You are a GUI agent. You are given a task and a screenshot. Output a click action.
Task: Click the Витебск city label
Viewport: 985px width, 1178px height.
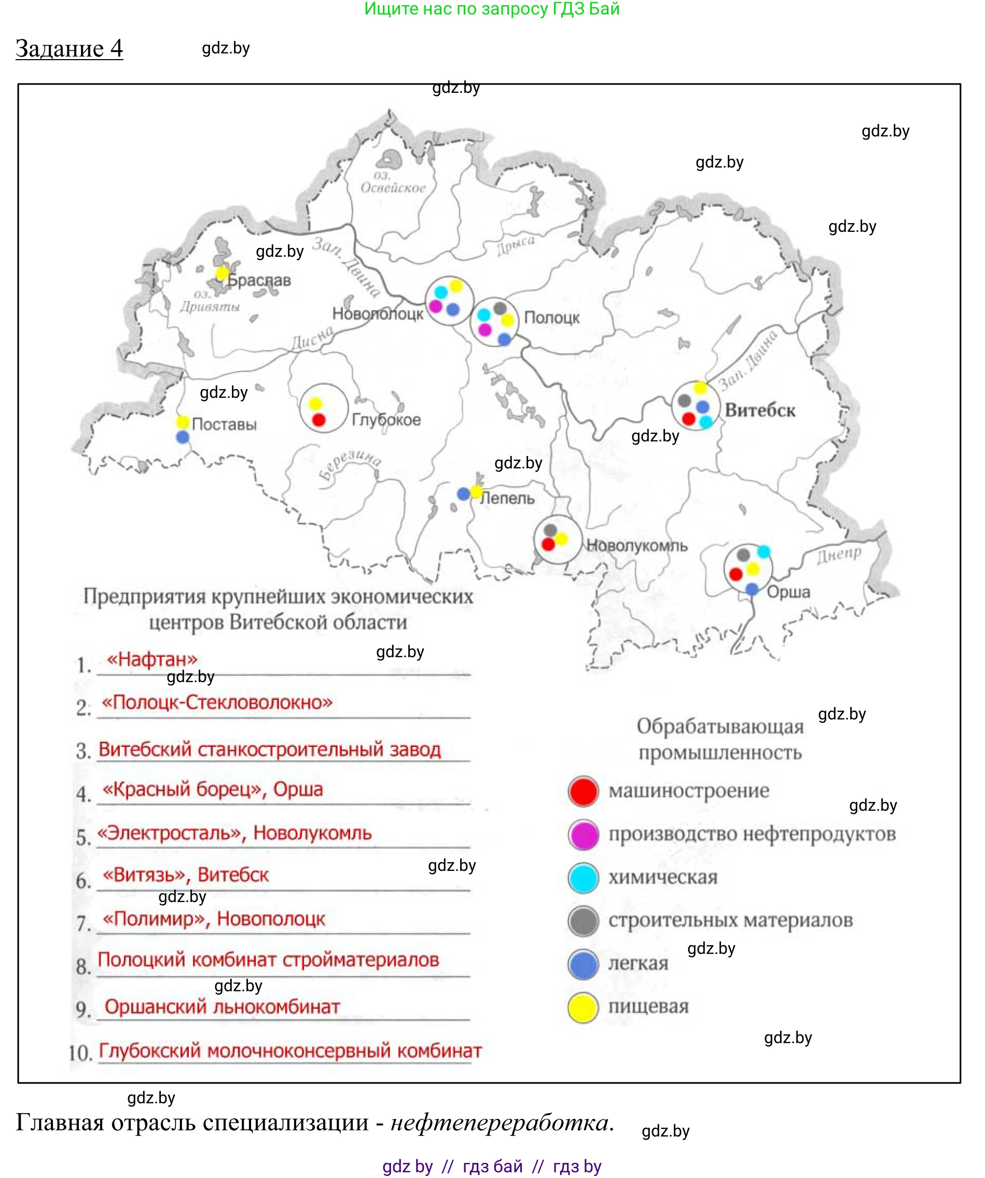[759, 410]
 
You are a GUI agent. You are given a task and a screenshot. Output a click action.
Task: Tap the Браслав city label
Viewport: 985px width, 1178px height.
[259, 280]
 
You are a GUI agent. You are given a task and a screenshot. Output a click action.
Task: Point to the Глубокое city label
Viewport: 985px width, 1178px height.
[386, 420]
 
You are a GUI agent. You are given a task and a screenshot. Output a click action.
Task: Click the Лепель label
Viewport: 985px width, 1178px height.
[508, 497]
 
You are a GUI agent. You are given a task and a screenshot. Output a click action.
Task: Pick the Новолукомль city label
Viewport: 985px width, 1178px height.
[636, 545]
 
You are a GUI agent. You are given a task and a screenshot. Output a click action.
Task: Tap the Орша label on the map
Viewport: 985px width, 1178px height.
[788, 592]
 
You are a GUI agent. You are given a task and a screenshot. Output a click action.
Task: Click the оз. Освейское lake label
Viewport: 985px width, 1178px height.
[393, 182]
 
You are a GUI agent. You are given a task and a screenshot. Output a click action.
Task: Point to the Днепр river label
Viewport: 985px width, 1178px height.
[839, 555]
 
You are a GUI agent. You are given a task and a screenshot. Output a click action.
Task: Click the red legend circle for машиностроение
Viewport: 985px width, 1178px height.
[584, 792]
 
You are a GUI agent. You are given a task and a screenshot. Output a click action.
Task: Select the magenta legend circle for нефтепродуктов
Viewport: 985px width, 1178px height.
[584, 835]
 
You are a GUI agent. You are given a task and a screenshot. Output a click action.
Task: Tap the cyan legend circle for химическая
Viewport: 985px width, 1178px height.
[584, 878]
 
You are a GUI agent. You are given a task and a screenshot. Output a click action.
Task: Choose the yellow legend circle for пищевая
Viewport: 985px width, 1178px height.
[584, 1007]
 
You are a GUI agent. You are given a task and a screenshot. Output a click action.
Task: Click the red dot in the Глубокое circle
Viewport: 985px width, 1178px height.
[318, 420]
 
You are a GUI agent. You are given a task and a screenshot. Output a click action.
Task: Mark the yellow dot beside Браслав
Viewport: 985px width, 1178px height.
[222, 273]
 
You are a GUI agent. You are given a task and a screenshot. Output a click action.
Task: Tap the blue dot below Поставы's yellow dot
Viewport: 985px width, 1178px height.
[182, 437]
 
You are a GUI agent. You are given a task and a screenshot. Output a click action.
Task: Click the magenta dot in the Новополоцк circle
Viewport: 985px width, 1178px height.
[435, 306]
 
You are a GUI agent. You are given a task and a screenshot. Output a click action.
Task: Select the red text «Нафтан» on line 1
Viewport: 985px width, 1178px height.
[152, 659]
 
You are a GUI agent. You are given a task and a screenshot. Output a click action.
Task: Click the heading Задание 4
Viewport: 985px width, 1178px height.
[69, 49]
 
